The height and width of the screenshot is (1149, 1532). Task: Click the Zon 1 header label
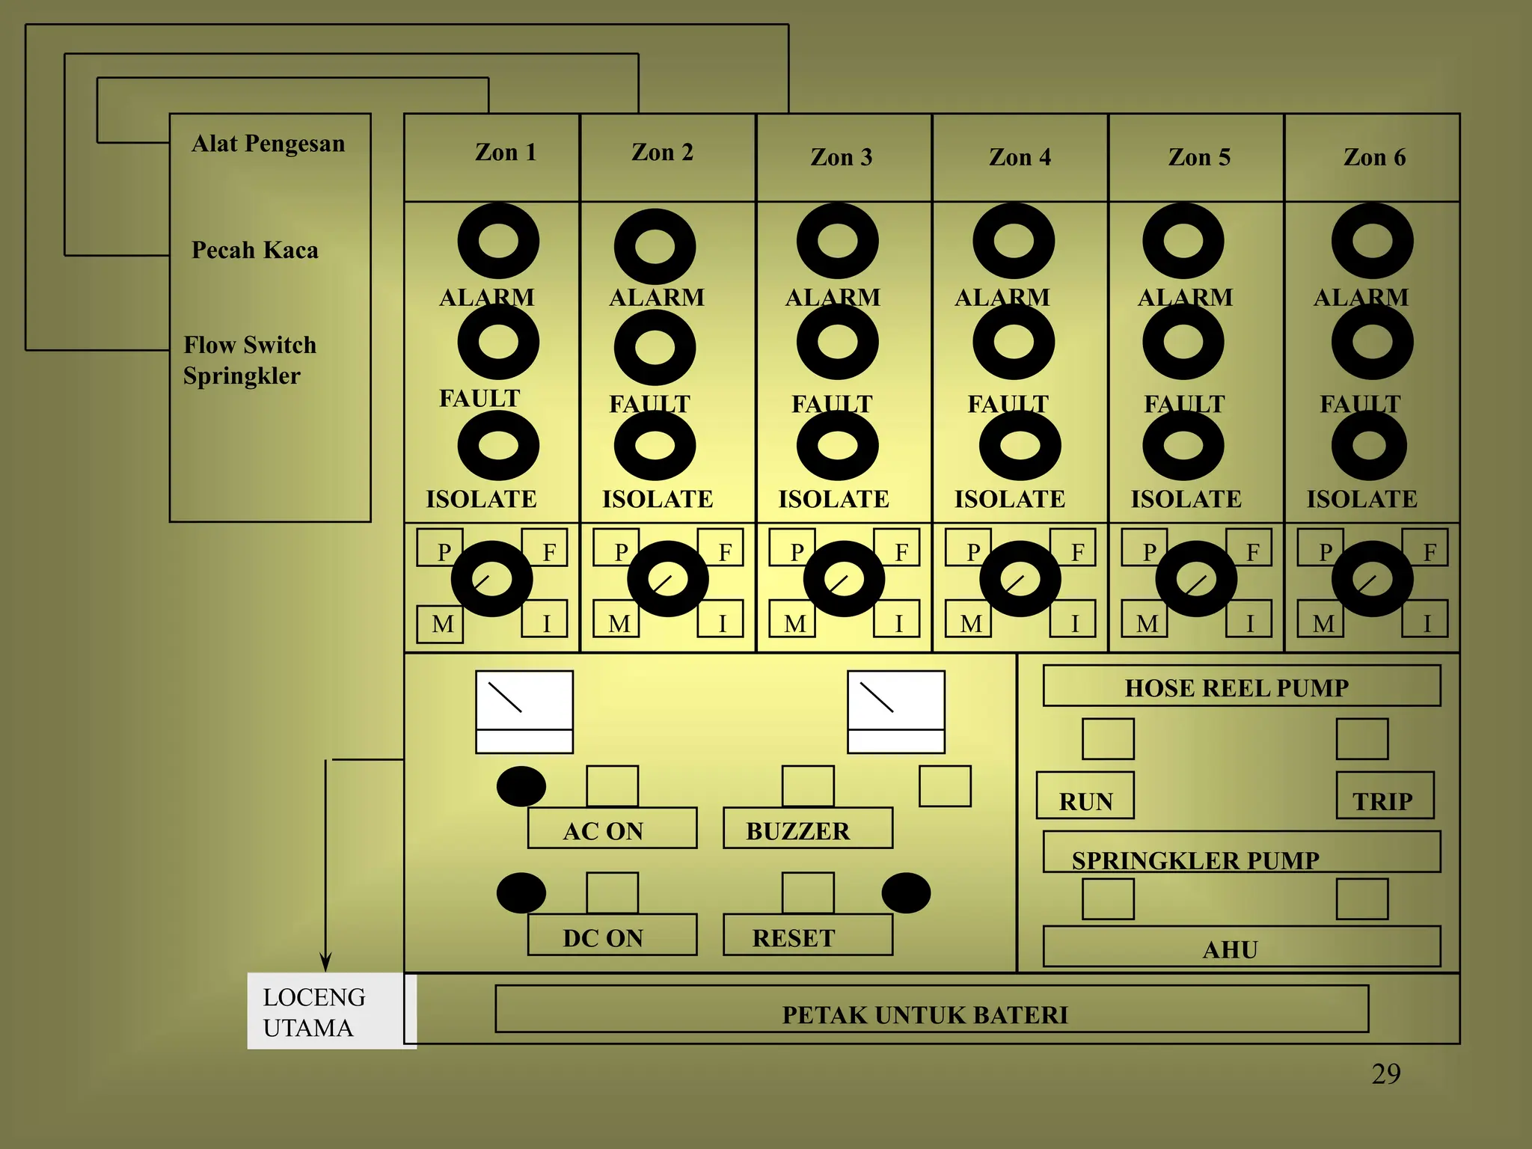[506, 153]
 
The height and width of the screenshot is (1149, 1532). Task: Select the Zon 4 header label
[1020, 157]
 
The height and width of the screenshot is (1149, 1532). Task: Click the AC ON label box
[612, 828]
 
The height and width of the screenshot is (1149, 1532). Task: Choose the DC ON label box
[612, 935]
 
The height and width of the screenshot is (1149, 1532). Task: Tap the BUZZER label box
[808, 828]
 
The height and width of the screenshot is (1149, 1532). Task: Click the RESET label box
[808, 935]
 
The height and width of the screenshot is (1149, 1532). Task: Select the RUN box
[1085, 795]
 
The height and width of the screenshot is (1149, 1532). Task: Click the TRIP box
[1385, 795]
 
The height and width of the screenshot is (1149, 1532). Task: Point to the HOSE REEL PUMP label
[1237, 688]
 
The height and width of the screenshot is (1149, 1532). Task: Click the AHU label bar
[1242, 947]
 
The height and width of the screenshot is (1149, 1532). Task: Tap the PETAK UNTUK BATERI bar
[932, 1009]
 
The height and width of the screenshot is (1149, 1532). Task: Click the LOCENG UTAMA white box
[332, 1011]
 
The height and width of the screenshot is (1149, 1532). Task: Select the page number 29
[1386, 1074]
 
